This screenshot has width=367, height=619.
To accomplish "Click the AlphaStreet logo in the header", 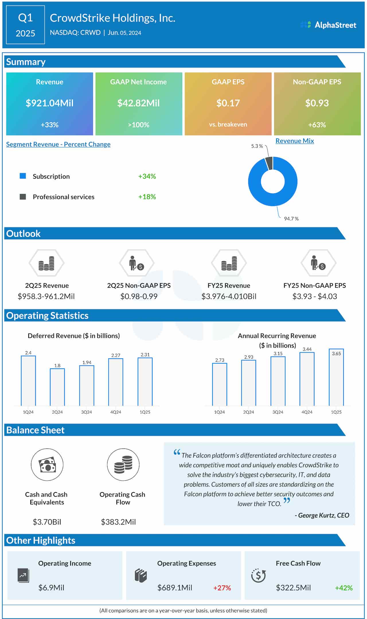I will [328, 25].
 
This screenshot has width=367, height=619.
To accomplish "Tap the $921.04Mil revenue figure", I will [50, 103].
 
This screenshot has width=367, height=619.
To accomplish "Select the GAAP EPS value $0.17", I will [228, 103].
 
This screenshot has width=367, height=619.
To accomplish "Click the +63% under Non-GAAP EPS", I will [317, 125].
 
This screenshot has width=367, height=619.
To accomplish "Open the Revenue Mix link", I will [294, 141].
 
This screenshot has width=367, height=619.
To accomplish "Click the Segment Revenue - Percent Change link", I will [58, 144].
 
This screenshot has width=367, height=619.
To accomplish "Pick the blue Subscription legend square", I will [23, 176].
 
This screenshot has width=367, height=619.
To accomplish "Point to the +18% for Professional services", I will [147, 197].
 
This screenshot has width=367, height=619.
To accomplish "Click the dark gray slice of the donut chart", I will [269, 163].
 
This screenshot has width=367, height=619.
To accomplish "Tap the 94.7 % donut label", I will [291, 219].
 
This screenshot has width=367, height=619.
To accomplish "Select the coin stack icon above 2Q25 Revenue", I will [46, 263].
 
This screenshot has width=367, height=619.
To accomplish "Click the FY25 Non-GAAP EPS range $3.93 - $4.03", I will [315, 296].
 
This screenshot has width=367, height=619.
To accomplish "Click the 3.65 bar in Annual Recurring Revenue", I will [336, 377].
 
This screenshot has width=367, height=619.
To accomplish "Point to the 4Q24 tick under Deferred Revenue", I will [116, 412].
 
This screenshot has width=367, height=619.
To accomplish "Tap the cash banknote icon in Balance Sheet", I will [47, 465].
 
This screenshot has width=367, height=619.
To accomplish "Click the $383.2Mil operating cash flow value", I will [118, 522].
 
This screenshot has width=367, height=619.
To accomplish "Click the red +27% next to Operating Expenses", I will [222, 588].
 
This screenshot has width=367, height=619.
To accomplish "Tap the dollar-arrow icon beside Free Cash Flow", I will [258, 575].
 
